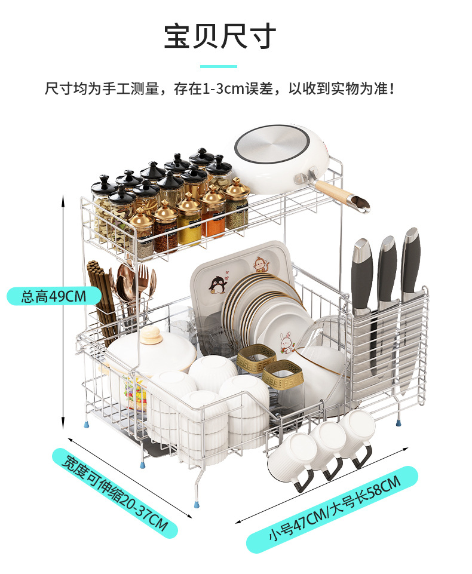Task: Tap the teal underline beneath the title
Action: [x=218, y=66]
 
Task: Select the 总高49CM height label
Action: [x=53, y=296]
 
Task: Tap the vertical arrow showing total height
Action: [x=63, y=311]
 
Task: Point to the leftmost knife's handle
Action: [x=362, y=275]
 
